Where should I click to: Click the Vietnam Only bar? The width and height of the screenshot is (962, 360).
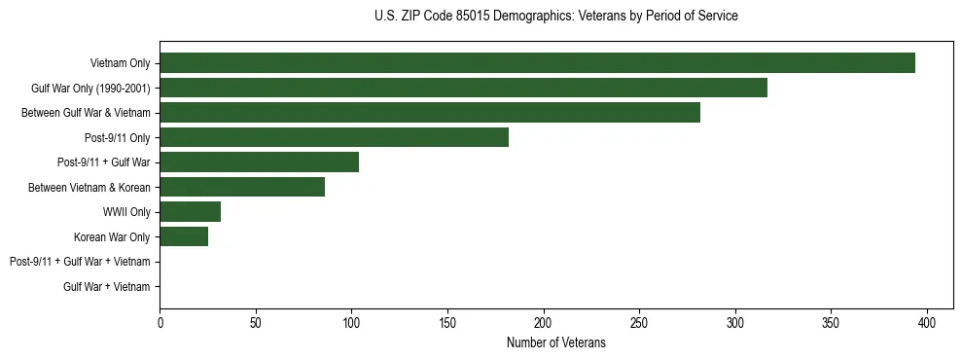click(537, 63)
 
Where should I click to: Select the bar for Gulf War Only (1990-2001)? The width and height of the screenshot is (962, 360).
click(463, 88)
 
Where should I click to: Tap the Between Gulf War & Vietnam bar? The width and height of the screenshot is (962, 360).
click(430, 113)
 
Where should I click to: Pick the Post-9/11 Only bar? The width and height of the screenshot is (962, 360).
click(334, 137)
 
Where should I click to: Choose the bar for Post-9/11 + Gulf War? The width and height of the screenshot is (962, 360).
click(259, 162)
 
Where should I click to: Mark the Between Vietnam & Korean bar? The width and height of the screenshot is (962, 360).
click(242, 187)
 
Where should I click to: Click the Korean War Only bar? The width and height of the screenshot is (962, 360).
click(184, 236)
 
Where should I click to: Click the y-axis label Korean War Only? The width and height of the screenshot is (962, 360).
click(112, 236)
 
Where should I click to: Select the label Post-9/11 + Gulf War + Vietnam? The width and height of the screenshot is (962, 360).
click(80, 262)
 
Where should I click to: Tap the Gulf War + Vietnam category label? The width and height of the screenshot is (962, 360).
click(107, 287)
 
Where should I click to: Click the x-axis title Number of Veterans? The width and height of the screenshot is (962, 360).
click(555, 342)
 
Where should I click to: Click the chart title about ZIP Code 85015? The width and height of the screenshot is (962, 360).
click(555, 17)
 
